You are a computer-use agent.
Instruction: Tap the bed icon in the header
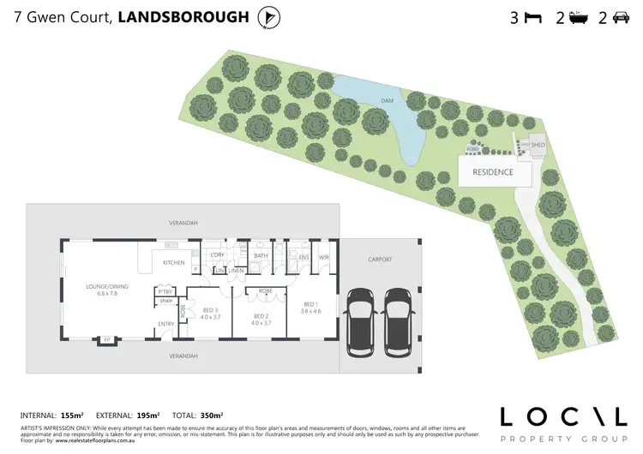pos(533,17)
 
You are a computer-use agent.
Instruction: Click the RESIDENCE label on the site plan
pos(493,172)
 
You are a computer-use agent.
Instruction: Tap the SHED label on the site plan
pos(538,146)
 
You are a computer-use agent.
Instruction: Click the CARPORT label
pos(380,258)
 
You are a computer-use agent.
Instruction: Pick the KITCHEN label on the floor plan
pos(174,262)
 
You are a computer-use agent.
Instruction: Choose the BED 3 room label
pos(211,312)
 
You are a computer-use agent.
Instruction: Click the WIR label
pos(324,257)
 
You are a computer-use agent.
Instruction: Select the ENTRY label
pos(166,323)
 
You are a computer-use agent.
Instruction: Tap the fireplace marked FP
pos(107,339)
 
